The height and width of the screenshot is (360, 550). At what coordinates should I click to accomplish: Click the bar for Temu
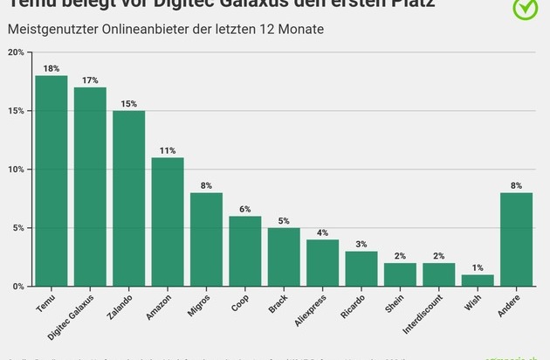[52, 181]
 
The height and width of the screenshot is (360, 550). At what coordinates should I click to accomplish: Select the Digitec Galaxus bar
[90, 187]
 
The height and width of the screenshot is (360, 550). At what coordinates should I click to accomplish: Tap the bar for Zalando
[128, 198]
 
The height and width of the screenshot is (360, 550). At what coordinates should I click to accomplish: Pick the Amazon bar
[168, 222]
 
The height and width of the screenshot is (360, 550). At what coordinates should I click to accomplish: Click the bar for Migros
[206, 239]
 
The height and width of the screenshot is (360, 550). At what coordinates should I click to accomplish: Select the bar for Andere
[516, 239]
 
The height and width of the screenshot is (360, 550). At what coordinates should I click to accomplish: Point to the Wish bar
[478, 280]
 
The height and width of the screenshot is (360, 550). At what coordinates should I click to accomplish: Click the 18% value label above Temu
[52, 68]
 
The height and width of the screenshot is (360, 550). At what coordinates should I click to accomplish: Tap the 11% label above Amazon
[168, 150]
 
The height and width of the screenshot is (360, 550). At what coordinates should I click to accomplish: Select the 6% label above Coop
[245, 209]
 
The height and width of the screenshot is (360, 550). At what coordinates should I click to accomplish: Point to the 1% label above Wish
[478, 267]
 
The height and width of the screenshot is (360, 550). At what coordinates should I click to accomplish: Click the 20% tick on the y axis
[16, 52]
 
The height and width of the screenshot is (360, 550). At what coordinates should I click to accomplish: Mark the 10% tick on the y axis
[16, 170]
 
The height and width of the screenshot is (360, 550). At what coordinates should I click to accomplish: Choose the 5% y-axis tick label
[18, 228]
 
